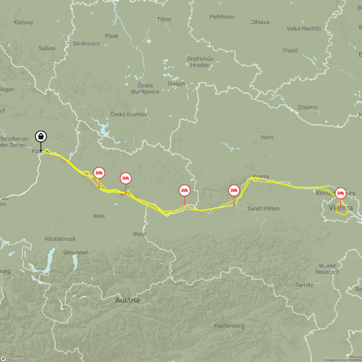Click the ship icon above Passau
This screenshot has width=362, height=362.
[41, 137]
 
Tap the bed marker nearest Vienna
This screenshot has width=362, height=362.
[341, 193]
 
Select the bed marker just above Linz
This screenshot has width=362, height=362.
[126, 178]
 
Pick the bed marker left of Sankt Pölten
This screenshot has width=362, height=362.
[234, 191]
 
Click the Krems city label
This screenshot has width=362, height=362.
[261, 176]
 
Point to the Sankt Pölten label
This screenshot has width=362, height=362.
[264, 208]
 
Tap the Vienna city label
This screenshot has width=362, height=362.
[341, 208]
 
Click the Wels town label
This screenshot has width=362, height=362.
[99, 216]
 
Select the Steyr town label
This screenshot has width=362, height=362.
[139, 234]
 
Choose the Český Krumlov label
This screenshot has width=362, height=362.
[129, 114]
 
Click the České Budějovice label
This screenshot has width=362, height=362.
[145, 89]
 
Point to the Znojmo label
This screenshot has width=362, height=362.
[307, 107]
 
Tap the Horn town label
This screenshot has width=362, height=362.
[267, 137]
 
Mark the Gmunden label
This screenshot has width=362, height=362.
[76, 253]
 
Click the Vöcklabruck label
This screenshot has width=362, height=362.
[60, 239]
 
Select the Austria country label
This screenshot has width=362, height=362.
[127, 300]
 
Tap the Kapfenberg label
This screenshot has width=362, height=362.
[229, 326]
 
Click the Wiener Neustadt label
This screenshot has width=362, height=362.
[327, 269]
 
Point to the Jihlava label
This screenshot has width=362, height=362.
[260, 22]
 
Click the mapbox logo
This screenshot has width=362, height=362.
[13, 358]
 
